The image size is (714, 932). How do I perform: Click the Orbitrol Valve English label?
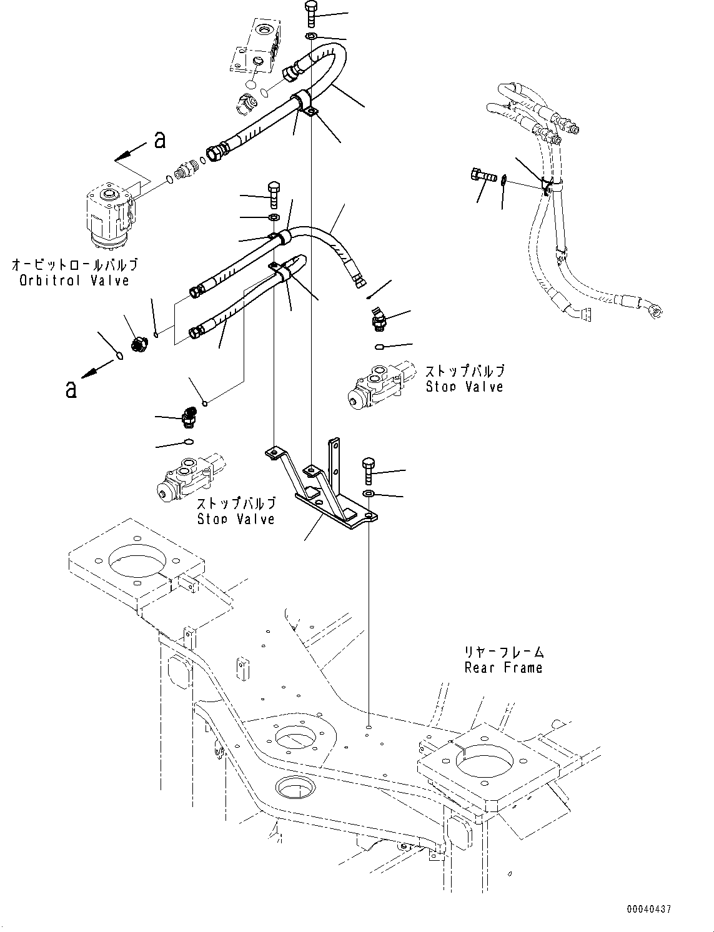74,280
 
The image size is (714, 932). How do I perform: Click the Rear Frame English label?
503,668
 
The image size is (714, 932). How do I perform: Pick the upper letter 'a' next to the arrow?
160,140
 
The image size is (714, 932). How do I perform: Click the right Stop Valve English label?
464,387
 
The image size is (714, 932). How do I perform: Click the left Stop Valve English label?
236,518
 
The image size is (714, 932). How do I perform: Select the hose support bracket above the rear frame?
322,487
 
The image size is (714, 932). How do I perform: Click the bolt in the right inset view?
482,177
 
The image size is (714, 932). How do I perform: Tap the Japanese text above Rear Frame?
503,652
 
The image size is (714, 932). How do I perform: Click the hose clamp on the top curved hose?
305,102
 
